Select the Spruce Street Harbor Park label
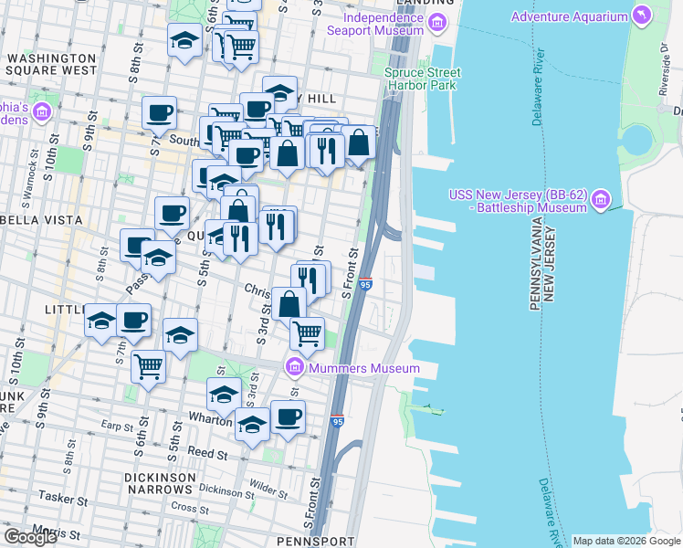click(422, 79)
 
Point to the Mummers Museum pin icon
click(294, 368)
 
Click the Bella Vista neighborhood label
click(31, 220)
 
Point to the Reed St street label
click(207, 453)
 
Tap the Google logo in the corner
click(30, 537)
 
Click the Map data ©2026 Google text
click(626, 541)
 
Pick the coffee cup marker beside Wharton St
click(289, 418)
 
